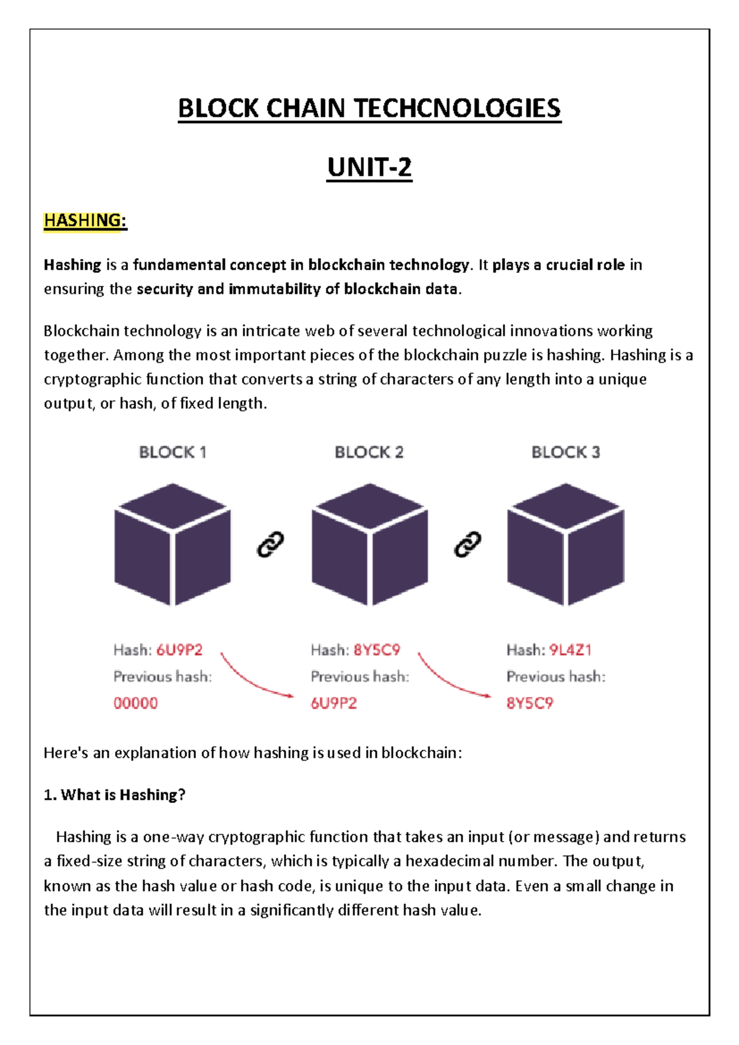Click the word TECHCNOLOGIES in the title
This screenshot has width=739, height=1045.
(x=456, y=108)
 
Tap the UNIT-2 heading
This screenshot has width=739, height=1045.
(x=369, y=168)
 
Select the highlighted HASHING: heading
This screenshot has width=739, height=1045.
(x=85, y=221)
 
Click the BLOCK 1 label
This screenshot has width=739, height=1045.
(x=172, y=452)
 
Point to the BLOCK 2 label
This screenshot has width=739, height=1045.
(x=369, y=452)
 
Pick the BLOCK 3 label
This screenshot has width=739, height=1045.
(x=565, y=452)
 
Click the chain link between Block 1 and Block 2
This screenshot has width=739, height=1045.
(x=270, y=545)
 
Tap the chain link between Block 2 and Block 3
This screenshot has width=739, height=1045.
(x=467, y=545)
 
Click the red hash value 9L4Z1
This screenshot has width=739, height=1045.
(x=570, y=650)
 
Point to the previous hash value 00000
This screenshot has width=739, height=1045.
(x=135, y=703)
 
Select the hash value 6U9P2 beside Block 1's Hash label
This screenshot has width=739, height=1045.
(x=179, y=650)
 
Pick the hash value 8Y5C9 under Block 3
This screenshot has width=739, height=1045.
(x=530, y=703)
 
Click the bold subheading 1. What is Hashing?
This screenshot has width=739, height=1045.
(x=115, y=795)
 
